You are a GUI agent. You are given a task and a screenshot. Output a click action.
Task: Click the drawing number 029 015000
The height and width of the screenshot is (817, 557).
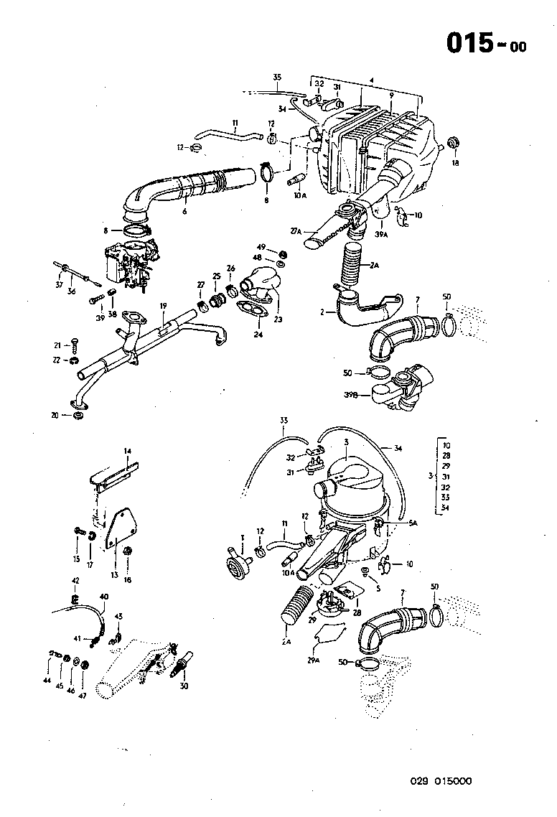coord(441,782)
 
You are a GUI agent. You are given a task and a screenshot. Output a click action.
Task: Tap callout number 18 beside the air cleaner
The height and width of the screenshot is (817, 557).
coord(454,164)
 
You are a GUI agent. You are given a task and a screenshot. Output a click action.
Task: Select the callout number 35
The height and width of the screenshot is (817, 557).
coord(278,77)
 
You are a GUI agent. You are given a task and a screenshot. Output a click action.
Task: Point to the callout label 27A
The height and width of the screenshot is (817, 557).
coord(296,231)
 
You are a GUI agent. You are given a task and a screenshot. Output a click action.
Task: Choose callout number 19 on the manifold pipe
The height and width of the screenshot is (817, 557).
coord(163,306)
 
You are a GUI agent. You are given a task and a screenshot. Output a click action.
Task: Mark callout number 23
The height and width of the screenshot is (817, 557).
coord(278,320)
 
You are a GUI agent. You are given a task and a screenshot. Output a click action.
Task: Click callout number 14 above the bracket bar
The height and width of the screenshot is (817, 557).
coord(127,451)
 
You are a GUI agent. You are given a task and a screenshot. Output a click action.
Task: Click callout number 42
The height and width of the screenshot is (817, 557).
coord(75,580)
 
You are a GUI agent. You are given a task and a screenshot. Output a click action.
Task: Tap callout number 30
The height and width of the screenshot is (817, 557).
coord(184,685)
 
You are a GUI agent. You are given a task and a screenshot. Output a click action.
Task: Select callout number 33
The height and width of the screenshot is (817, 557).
coord(284,419)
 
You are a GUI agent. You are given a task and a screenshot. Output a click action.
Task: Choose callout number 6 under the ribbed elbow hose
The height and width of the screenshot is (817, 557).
coord(184,213)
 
